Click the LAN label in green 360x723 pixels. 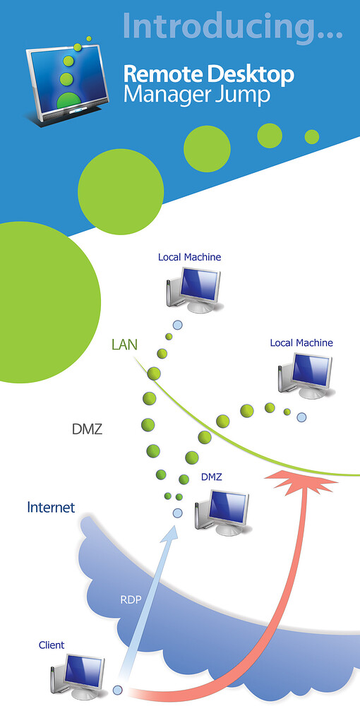[124, 345]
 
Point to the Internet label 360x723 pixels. [51, 507]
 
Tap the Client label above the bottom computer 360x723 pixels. [52, 645]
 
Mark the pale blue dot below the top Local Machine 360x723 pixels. [177, 325]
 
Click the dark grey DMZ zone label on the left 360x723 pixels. [88, 429]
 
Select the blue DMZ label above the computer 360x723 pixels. [212, 477]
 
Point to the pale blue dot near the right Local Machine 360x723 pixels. [301, 417]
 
